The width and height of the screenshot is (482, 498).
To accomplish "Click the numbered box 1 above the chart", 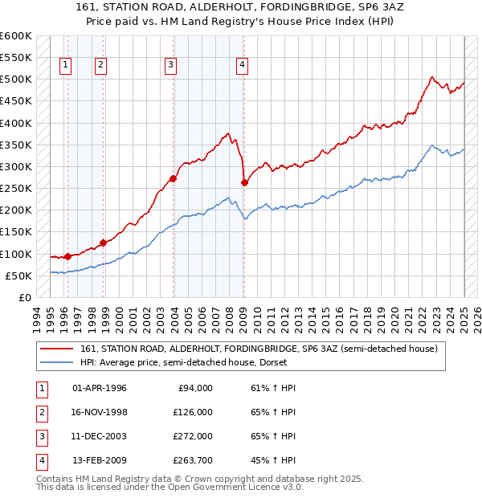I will coord(65,67).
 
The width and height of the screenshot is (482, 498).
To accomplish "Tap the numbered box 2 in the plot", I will coord(100,67).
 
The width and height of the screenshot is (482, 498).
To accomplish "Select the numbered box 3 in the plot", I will coord(171,67).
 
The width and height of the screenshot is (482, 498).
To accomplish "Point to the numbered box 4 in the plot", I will coord(242,67).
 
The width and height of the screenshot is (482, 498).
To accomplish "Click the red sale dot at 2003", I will coord(173,178).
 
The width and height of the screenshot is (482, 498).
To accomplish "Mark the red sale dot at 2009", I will coord(244,182).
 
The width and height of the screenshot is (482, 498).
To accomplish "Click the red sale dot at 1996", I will coord(67,256).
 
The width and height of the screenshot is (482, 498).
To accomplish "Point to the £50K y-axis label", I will coord(19,276).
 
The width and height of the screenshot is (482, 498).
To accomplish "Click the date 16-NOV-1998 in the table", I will coord(100,412).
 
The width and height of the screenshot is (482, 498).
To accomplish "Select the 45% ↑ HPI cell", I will coord(273,460).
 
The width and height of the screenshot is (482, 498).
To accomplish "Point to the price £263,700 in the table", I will coord(193,460).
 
